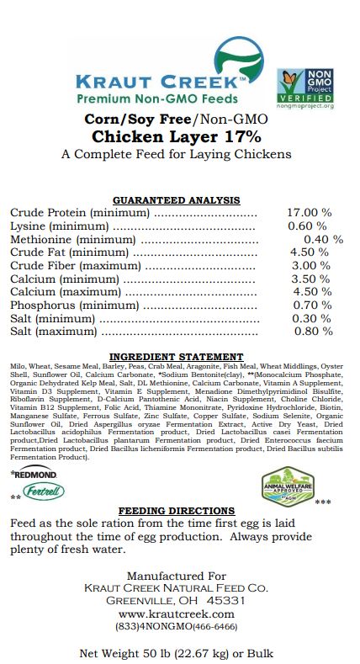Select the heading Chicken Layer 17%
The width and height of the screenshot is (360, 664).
click(177, 136)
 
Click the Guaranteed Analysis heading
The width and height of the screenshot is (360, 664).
click(177, 200)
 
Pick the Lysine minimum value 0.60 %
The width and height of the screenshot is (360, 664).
click(307, 226)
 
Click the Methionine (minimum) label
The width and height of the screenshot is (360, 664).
click(72, 240)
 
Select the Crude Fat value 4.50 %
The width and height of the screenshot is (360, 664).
click(308, 252)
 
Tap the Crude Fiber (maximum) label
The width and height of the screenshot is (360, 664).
click(76, 266)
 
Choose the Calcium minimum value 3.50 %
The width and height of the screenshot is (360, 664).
click(308, 279)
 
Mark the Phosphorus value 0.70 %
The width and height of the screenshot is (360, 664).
click(308, 305)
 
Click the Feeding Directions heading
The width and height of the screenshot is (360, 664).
click(176, 511)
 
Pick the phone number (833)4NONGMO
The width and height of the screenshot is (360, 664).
click(177, 627)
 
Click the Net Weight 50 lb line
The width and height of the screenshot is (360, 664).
click(177, 653)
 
